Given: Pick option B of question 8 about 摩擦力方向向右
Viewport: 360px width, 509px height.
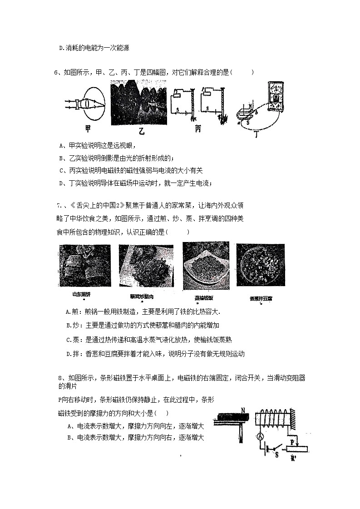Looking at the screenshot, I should [135, 438].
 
